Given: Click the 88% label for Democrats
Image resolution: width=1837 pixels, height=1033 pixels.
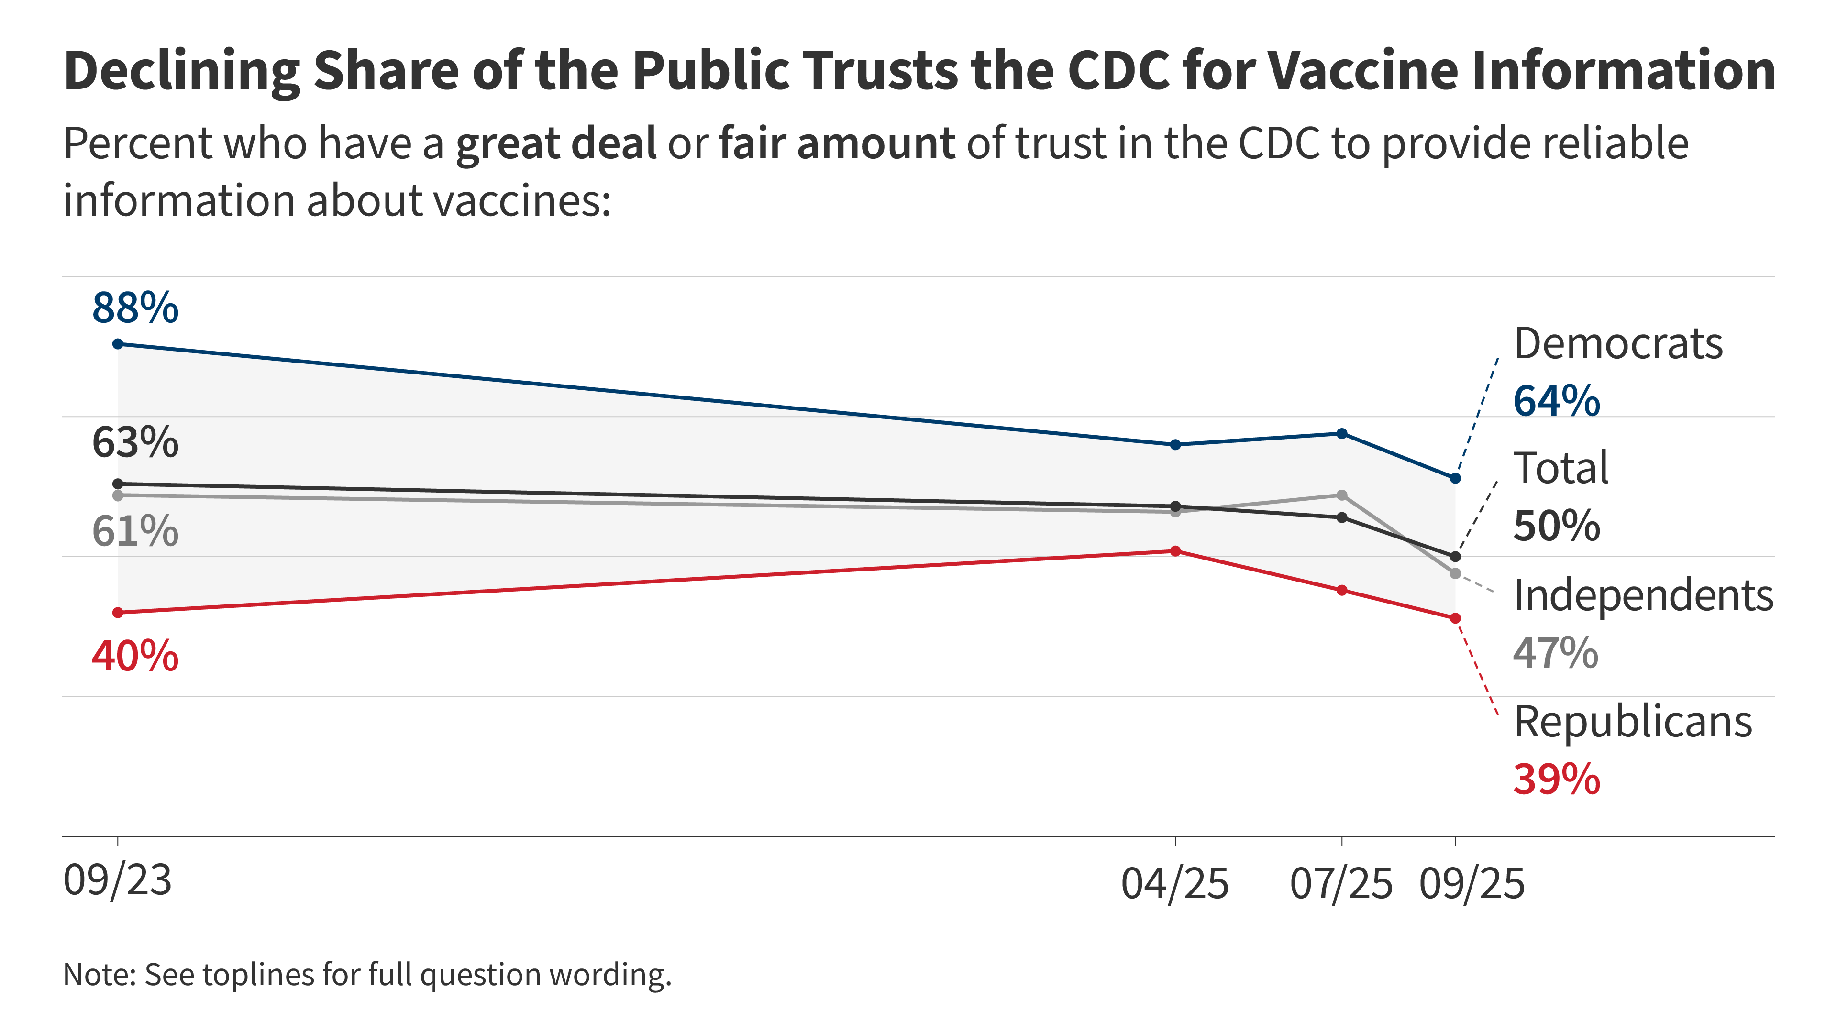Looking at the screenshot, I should point(135,308).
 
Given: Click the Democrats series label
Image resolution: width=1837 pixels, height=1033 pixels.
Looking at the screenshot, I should point(1617,344).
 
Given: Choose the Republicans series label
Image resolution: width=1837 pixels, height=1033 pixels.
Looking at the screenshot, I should point(1632,722).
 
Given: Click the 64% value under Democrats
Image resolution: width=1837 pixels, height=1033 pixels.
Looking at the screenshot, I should point(1556,401).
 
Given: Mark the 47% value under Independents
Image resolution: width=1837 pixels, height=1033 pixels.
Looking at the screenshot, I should point(1555,652).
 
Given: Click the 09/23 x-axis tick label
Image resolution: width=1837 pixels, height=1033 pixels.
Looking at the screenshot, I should point(118,880).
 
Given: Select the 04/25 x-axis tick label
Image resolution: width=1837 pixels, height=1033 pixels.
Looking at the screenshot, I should point(1174,884).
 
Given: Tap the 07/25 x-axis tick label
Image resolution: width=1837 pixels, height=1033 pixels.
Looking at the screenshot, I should point(1340,884).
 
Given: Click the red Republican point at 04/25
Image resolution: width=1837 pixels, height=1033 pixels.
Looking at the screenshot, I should point(1175,551).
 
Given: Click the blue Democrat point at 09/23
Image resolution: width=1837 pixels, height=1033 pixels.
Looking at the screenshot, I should point(118,344).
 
